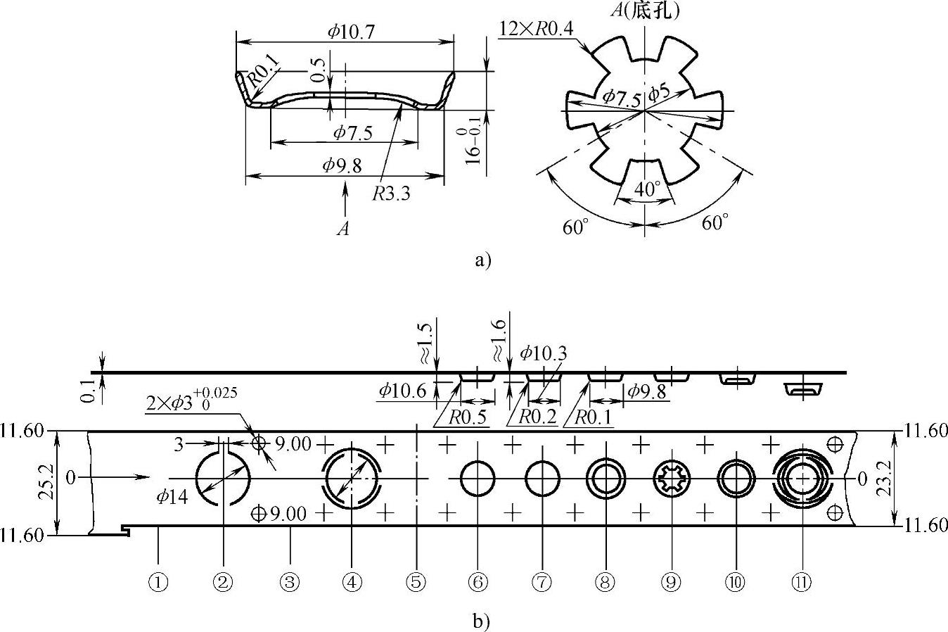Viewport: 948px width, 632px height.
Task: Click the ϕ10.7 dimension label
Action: coord(351,32)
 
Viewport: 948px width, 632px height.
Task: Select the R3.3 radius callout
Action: coord(391,194)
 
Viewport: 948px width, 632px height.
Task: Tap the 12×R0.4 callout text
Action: coord(537,29)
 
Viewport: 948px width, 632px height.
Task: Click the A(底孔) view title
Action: coord(645,10)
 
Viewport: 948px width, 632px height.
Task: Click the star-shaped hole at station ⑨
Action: coord(672,479)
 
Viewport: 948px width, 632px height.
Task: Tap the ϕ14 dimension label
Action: coord(172,496)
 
